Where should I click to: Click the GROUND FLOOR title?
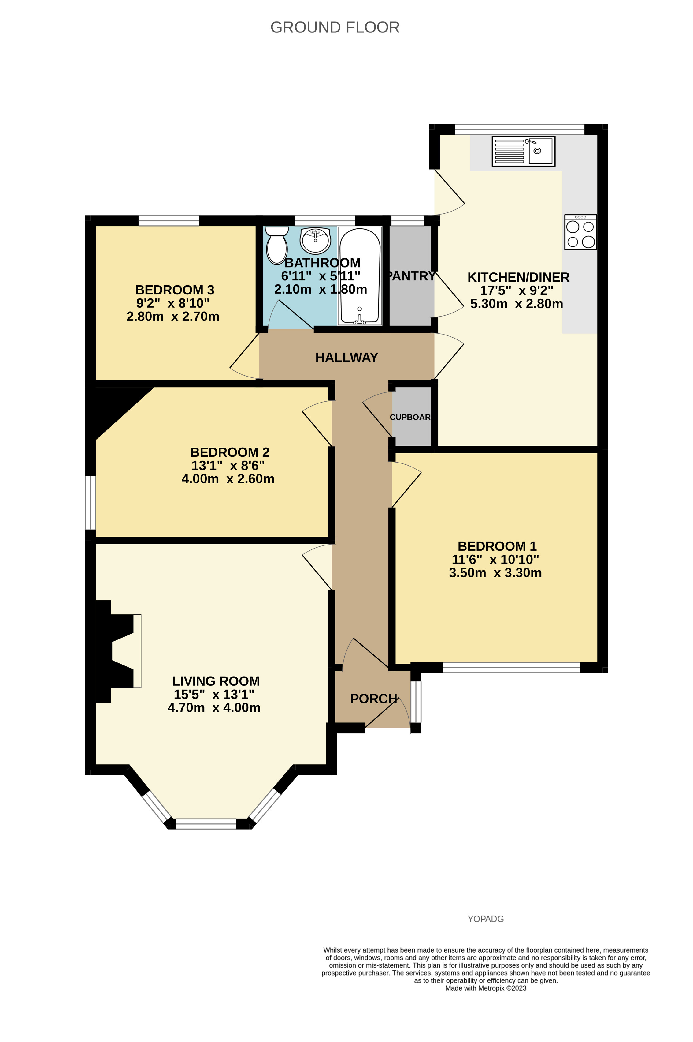point(335,28)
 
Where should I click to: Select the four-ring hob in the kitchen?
point(580,232)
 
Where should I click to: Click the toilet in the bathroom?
point(277,246)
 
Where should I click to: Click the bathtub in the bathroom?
point(359,276)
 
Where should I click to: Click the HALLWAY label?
point(346,357)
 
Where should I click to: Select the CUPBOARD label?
point(410,417)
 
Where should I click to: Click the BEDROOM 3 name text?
point(175,290)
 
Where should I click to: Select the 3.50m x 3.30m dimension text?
point(495,573)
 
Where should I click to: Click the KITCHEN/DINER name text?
point(518,277)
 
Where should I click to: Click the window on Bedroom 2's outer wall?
point(90,502)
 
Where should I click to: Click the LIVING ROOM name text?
point(216,681)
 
